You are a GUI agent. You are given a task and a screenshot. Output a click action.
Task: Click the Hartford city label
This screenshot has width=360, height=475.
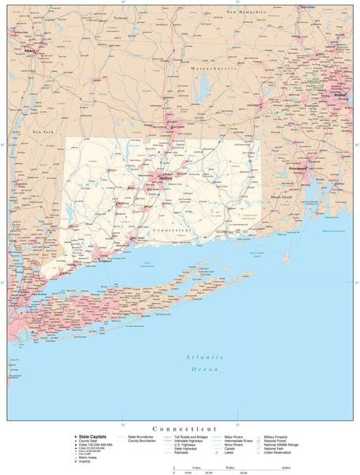(165, 179)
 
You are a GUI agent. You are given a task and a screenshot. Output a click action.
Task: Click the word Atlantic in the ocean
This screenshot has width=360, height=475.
(199, 357)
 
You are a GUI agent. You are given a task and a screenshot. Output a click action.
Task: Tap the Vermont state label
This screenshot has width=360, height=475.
(119, 17)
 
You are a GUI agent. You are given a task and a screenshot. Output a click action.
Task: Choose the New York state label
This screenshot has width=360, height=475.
(43, 131)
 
